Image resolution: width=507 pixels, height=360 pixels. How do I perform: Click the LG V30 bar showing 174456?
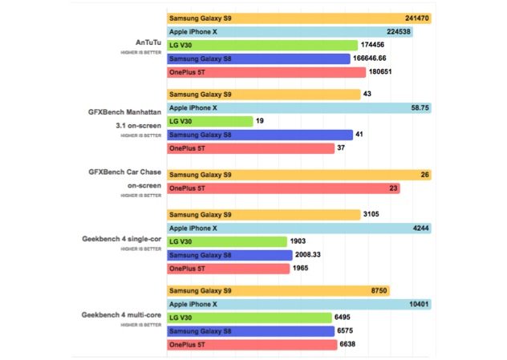pos(262,46)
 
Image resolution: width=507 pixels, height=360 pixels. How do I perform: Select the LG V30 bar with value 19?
pos(210,121)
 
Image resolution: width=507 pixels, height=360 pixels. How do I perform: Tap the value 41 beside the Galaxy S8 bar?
pos(359,135)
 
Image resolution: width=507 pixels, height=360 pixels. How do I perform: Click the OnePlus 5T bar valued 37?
pos(250,148)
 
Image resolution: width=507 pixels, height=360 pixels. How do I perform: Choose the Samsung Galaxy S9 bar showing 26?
pos(298,175)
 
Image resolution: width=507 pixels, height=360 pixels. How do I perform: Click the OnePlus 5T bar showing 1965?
pos(228,269)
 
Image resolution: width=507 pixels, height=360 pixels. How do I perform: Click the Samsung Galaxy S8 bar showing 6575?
pos(250,331)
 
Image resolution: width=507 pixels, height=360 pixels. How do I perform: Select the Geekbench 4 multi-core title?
pos(120,317)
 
